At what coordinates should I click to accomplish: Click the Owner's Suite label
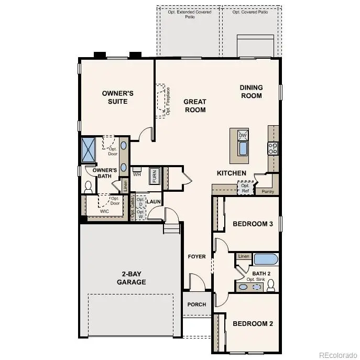(117, 97)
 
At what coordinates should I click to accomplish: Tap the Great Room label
(194, 106)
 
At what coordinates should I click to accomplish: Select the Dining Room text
(251, 92)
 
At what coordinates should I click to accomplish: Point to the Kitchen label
(232, 173)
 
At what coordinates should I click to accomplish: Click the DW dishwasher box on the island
(242, 135)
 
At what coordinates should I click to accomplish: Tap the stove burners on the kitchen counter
(273, 148)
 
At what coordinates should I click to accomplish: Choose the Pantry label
(268, 192)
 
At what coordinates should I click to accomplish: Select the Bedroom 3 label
(253, 224)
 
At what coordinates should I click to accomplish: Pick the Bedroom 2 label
(253, 323)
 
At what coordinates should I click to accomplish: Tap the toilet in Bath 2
(271, 286)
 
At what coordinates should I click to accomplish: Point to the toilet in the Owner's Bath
(88, 187)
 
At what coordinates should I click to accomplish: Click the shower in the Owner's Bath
(88, 149)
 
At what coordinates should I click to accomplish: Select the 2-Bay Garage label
(131, 278)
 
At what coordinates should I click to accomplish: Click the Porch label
(197, 304)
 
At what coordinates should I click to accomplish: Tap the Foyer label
(197, 256)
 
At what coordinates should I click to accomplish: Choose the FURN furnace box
(155, 176)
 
